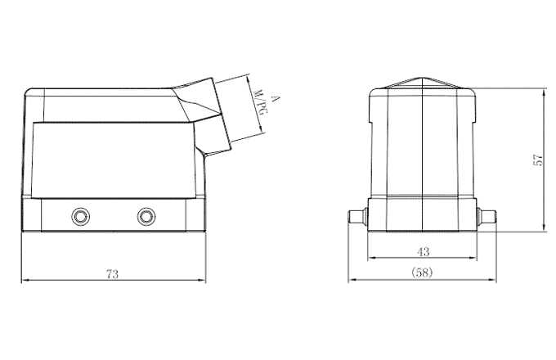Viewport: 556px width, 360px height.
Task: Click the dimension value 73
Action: pyautogui.click(x=112, y=274)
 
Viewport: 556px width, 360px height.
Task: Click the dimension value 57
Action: pyautogui.click(x=538, y=160)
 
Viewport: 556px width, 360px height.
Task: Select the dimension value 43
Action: pyautogui.click(x=423, y=251)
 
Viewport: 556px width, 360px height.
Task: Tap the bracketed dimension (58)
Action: pyautogui.click(x=423, y=272)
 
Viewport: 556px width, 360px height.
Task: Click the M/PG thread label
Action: pyautogui.click(x=261, y=111)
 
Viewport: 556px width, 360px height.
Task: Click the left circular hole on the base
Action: pyautogui.click(x=80, y=216)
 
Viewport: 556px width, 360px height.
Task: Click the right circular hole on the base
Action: pyautogui.click(x=146, y=216)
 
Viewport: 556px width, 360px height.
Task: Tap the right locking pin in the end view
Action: pyautogui.click(x=488, y=217)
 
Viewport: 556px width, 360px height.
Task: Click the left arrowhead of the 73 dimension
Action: pyautogui.click(x=24, y=281)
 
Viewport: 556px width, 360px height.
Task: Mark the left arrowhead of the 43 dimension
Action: pyautogui.click(x=370, y=259)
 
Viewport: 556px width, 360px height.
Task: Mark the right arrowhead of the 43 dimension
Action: pyautogui.click(x=475, y=259)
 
